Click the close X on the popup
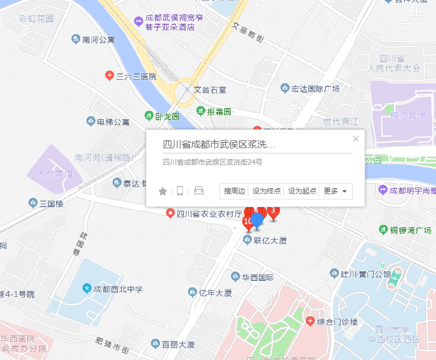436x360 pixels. (355, 139)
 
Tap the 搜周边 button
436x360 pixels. (234, 191)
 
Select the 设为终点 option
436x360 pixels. (267, 191)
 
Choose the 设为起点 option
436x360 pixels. (302, 191)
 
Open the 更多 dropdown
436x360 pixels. (335, 191)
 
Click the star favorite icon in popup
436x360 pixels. (163, 191)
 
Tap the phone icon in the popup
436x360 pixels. (180, 191)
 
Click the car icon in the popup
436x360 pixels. (198, 191)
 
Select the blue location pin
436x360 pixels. (257, 222)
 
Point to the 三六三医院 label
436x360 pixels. (136, 76)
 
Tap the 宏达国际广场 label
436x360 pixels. (315, 89)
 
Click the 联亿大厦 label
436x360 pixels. (270, 240)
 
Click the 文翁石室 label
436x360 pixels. (210, 90)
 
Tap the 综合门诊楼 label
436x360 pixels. (337, 322)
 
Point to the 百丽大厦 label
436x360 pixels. (178, 343)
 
